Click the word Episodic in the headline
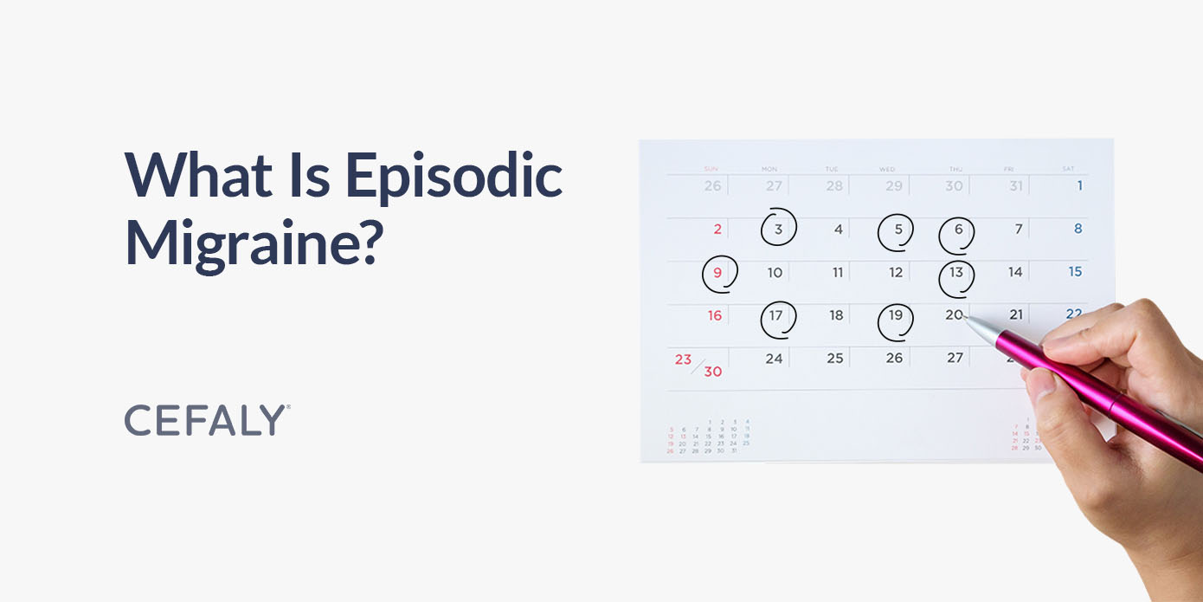click(454, 178)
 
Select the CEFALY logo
click(207, 420)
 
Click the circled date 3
click(778, 230)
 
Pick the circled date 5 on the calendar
click(897, 230)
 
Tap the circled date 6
click(957, 230)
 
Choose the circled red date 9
click(717, 273)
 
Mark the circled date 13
click(956, 273)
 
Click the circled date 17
click(776, 315)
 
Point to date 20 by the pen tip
click(953, 315)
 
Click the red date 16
click(715, 315)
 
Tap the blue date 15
click(1075, 272)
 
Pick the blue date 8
click(1078, 230)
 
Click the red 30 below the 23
click(712, 372)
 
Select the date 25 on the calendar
click(835, 358)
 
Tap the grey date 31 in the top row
click(1015, 186)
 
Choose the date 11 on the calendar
click(838, 273)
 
